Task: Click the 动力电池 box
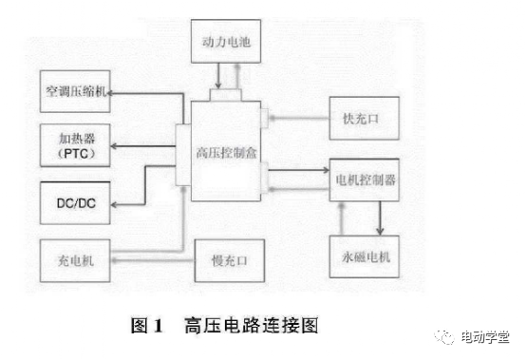(x=225, y=42)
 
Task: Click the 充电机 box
(x=73, y=257)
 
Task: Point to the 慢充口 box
(x=225, y=257)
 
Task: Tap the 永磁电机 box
(x=366, y=256)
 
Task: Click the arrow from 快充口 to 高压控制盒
(x=299, y=120)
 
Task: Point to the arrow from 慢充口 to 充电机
(x=152, y=257)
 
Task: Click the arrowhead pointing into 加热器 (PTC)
(x=115, y=145)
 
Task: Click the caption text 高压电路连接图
(x=251, y=326)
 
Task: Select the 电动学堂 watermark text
(x=484, y=335)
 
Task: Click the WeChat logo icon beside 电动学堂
(x=445, y=335)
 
